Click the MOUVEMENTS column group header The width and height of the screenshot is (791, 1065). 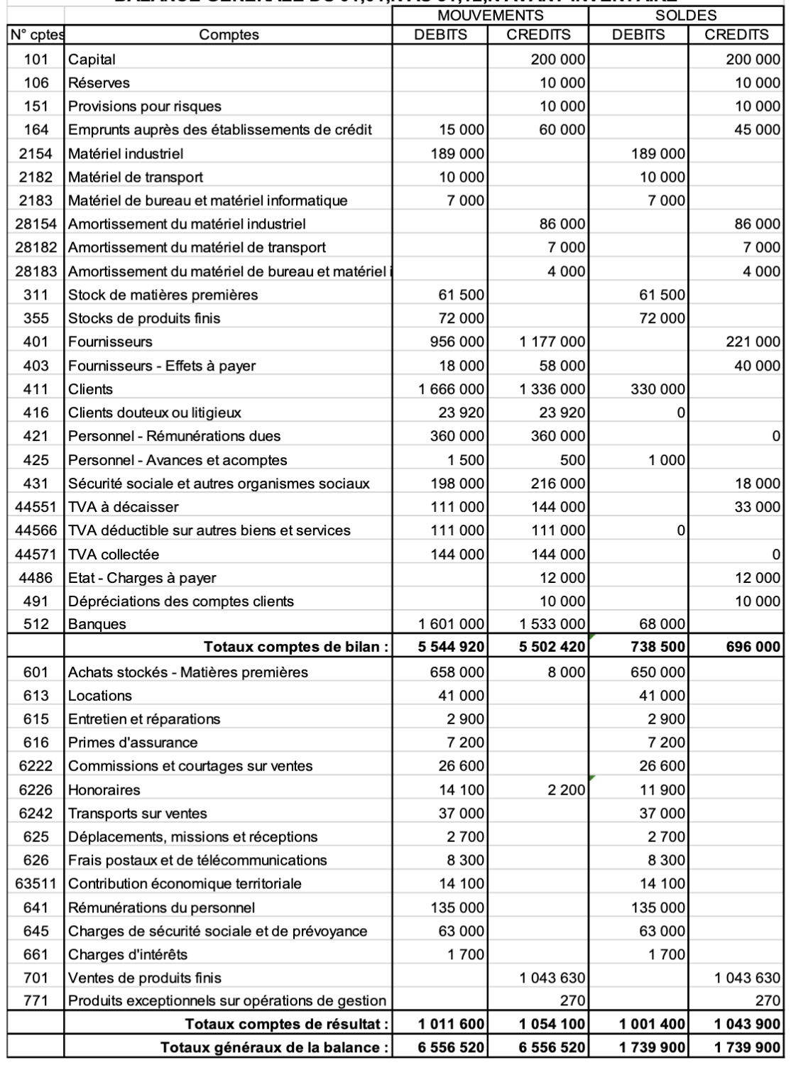(491, 15)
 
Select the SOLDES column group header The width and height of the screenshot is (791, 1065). (686, 15)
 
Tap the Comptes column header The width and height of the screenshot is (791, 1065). (229, 35)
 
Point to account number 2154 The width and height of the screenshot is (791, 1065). (36, 153)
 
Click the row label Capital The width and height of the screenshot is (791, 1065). (92, 60)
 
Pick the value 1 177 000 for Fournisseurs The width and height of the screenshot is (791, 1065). (552, 342)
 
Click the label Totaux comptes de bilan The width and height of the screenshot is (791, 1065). (296, 647)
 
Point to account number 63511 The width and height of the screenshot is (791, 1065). (36, 884)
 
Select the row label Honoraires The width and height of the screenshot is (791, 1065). (104, 790)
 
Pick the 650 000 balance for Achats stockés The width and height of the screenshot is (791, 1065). (658, 672)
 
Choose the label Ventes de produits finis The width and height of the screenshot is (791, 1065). (145, 978)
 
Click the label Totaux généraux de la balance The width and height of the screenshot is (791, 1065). (275, 1047)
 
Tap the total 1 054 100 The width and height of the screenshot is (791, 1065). (552, 1024)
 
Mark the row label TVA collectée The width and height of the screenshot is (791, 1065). (114, 554)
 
